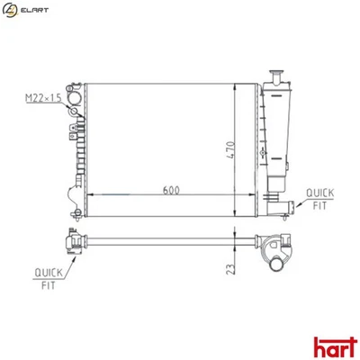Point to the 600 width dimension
click(x=169, y=191)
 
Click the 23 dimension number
click(x=231, y=268)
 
